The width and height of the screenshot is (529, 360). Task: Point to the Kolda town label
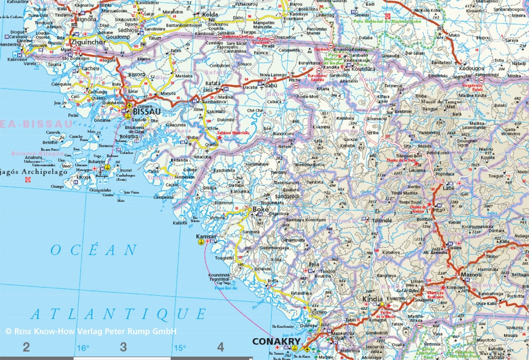[x=209, y=14]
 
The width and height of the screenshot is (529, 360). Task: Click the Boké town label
[x=261, y=210]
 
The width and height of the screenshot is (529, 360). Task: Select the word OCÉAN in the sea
[x=94, y=250]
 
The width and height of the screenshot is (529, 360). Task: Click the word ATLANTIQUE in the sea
[x=118, y=314]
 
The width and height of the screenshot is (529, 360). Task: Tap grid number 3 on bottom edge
[x=123, y=347]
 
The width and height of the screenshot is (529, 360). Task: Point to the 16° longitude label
[x=83, y=348]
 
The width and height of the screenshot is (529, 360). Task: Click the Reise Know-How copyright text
[x=90, y=331]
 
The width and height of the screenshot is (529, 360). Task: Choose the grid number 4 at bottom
[x=221, y=347]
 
